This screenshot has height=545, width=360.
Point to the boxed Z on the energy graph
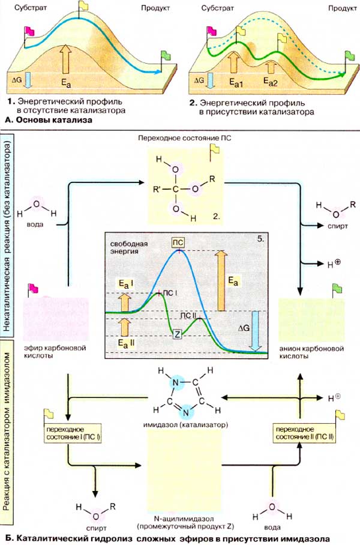point(176,334)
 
